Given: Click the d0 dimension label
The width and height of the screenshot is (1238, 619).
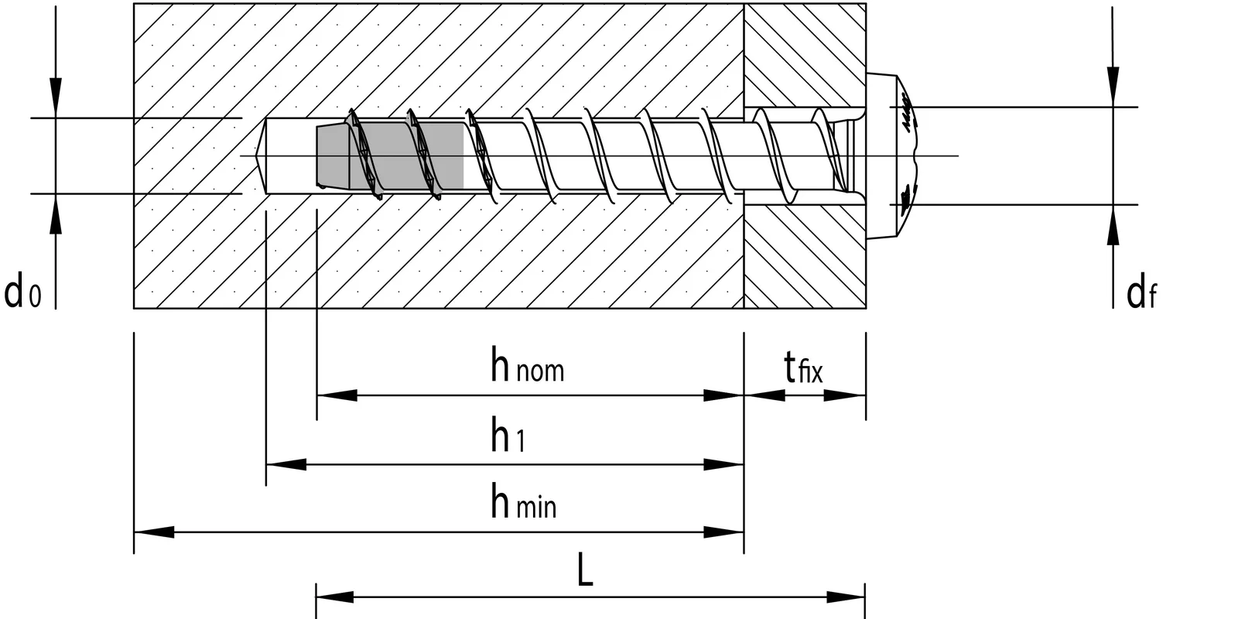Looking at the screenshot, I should coord(23,293).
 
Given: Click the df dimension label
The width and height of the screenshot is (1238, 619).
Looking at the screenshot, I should coord(1141,293).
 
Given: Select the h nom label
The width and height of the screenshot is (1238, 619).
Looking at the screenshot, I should coord(527,367).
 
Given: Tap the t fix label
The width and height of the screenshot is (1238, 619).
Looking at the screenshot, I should coord(803,368).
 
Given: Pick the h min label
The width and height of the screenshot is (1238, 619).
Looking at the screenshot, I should coord(523,503).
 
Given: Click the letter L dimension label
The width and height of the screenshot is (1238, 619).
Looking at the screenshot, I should coord(585,573).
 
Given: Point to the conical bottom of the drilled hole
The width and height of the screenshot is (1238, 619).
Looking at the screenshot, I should coord(261,156).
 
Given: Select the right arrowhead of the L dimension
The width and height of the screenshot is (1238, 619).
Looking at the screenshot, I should coord(846,597).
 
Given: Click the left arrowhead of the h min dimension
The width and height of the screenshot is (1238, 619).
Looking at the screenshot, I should coord(153,532).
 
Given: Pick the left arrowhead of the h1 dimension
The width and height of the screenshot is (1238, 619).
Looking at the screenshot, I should coord(286,465).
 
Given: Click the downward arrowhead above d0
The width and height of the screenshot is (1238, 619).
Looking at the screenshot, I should coord(55,97).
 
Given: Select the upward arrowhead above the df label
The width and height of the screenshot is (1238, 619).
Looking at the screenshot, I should coord(1113,225).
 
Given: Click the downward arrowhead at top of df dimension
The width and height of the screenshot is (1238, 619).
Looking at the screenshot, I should coord(1113,87).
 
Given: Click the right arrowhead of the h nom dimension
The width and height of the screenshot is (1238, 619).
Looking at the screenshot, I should coord(723,395).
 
